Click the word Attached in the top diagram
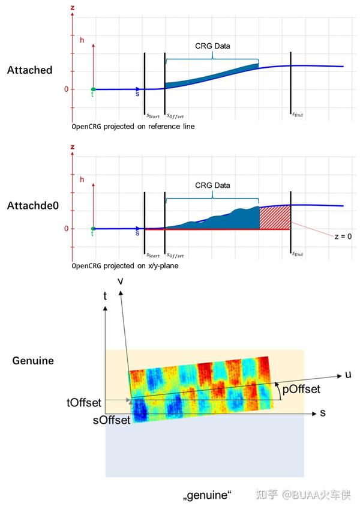point(29,70)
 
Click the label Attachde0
point(32,206)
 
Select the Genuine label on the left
point(33,361)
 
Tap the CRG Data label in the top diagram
point(212,46)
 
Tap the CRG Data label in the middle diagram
point(212,185)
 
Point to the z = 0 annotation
point(342,236)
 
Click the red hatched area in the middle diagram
point(275,217)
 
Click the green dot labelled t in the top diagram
point(93,89)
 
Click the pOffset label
point(302,390)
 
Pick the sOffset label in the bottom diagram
point(112,420)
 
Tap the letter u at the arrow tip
point(348,375)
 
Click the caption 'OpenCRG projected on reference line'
point(133,127)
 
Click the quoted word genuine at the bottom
point(207,496)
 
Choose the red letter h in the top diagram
point(82,39)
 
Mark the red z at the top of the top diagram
point(73,7)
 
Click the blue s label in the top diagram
point(138,95)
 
